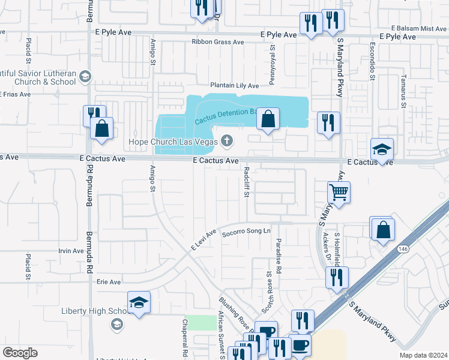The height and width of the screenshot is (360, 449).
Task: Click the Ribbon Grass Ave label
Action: click(x=218, y=42)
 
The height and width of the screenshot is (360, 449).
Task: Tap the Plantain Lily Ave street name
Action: click(x=234, y=86)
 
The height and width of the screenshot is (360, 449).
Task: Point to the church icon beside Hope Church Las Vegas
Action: click(x=227, y=142)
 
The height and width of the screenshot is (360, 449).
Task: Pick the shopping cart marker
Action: click(x=339, y=193)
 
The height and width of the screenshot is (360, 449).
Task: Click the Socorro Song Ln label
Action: click(x=247, y=232)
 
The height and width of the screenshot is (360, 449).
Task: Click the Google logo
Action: click(x=20, y=353)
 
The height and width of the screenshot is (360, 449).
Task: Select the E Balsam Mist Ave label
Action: click(x=418, y=28)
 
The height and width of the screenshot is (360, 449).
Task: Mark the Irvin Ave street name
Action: click(x=71, y=251)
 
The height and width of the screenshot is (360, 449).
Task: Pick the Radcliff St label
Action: click(x=246, y=180)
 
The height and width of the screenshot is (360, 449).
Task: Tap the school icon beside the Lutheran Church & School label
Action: click(x=85, y=76)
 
